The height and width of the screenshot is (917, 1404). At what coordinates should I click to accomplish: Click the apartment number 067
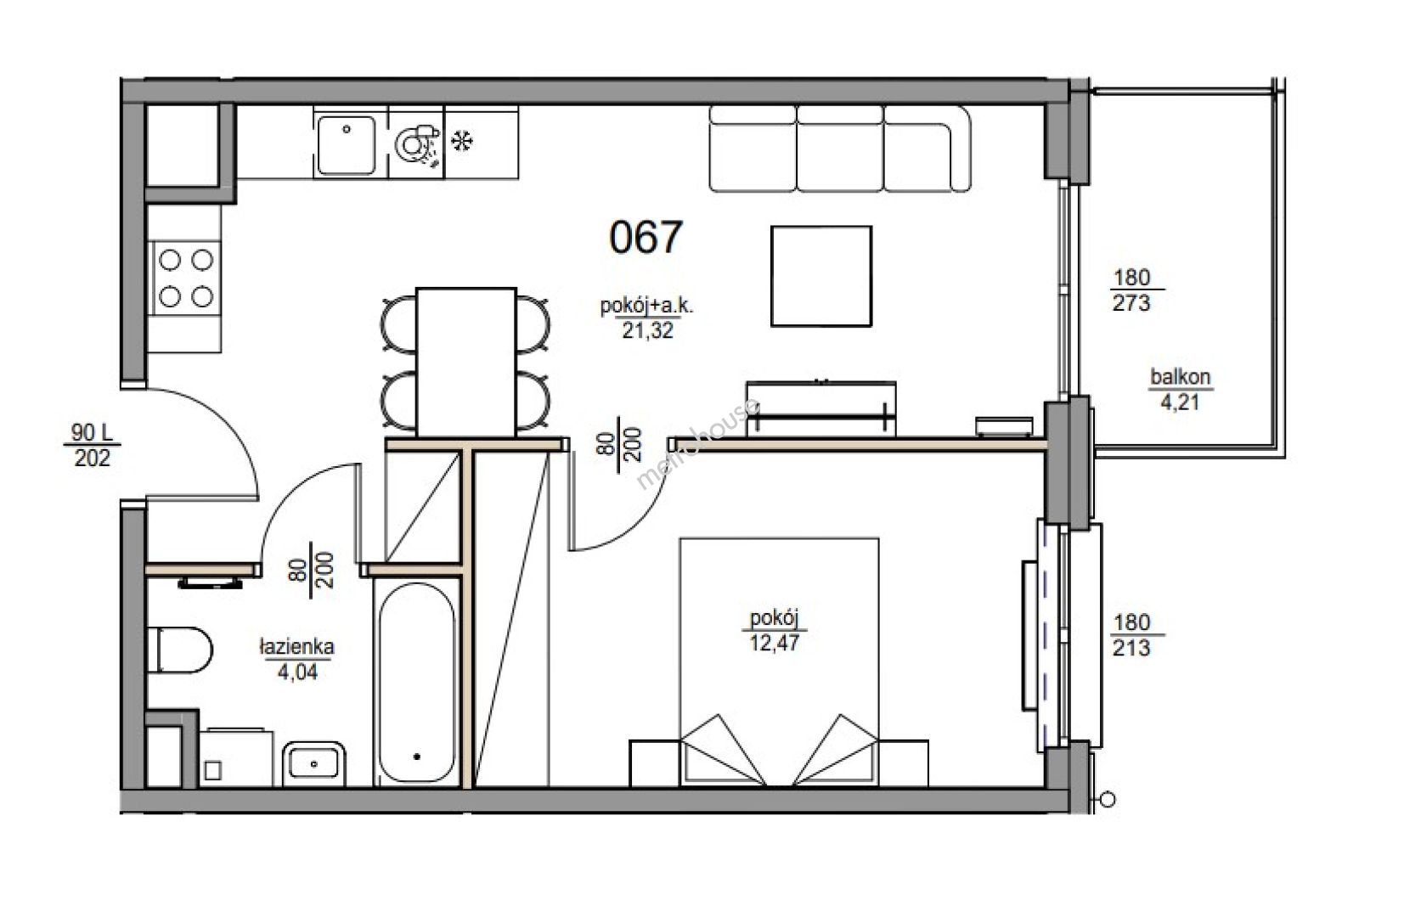coord(646,238)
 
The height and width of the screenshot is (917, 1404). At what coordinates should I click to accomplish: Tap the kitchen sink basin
coord(346,144)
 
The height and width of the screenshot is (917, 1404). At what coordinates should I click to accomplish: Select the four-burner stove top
coord(185,278)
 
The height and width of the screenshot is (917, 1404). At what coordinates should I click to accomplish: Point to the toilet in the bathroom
coord(179,650)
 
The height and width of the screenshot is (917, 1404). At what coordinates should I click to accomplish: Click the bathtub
coord(417,683)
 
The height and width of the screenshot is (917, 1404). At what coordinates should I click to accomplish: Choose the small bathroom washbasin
coord(313,763)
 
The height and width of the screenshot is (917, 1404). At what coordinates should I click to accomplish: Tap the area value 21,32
coord(647,330)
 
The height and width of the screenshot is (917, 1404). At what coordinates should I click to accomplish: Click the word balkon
coord(1181,377)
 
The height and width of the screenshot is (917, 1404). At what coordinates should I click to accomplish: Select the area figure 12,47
coord(775,643)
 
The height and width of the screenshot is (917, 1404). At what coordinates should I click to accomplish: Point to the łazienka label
coord(297,646)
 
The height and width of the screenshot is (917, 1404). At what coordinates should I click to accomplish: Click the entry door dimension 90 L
coord(92,432)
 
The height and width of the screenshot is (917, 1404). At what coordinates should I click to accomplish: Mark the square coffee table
coord(821,276)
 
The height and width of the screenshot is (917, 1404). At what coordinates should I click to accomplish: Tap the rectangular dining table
coord(466,362)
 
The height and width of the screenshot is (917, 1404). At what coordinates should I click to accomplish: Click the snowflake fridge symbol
coord(463,141)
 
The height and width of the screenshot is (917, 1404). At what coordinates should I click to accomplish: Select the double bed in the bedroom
coord(779,661)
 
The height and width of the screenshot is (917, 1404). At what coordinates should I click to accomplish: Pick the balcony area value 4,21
coord(1181,402)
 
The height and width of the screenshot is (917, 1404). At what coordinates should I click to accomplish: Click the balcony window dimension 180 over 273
coord(1131,290)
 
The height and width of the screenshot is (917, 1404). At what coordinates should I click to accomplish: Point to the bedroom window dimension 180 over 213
coord(1131,635)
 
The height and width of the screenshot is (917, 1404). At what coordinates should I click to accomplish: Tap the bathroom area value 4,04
coord(297,672)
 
